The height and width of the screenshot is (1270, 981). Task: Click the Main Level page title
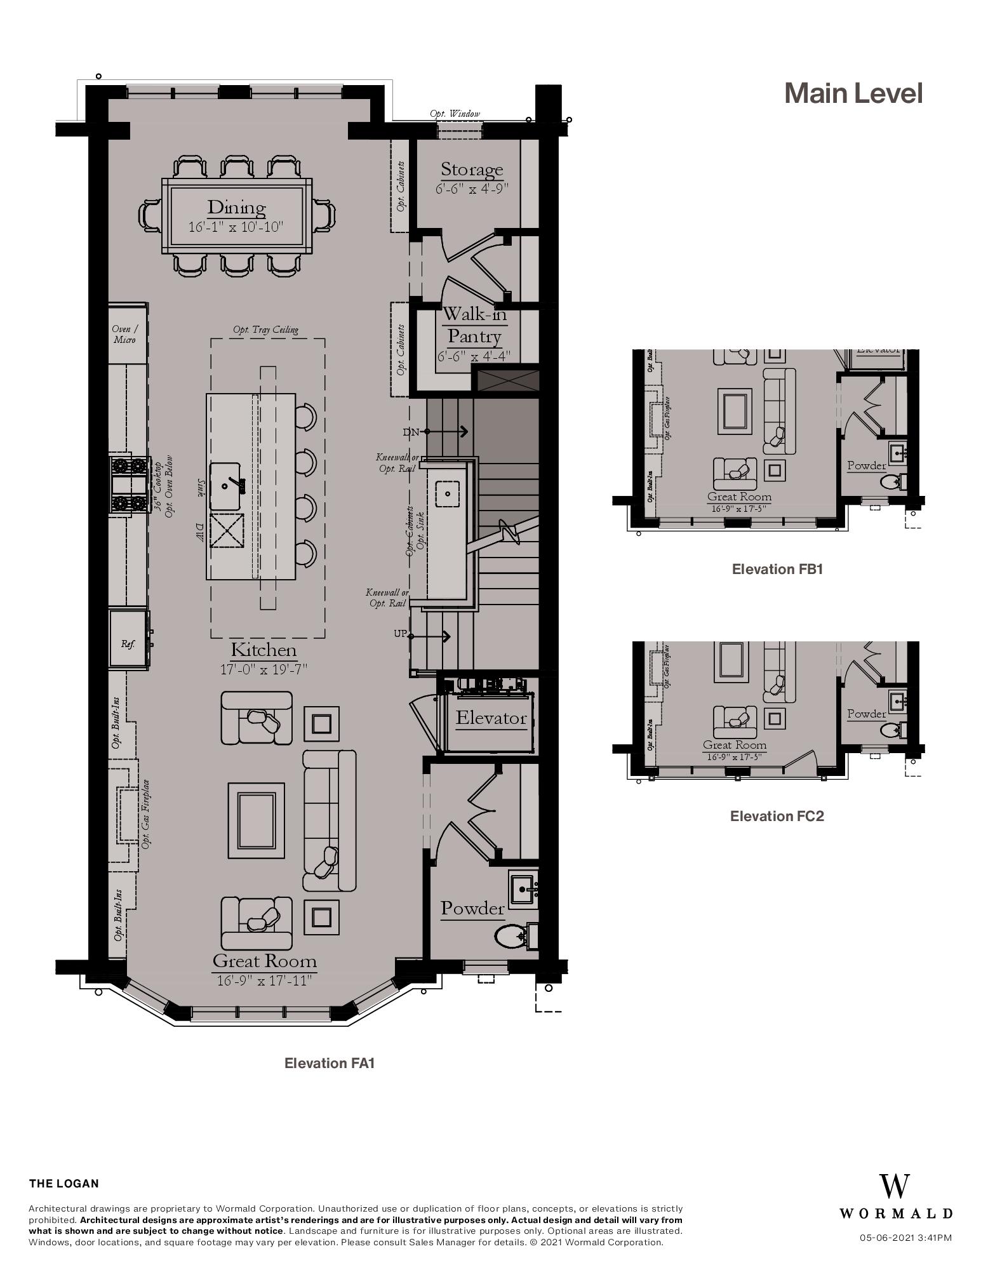pos(853,93)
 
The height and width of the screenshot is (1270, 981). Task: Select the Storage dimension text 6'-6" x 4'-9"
pos(472,189)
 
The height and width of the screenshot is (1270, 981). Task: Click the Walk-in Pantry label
pos(474,325)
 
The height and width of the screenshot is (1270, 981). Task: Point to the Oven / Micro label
pos(124,334)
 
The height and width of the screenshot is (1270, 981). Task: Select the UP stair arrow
pos(432,636)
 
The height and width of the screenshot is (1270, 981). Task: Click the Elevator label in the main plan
pos(491,718)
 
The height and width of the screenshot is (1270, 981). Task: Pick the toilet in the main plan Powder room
pos(512,935)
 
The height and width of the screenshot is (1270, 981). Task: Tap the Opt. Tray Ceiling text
pos(265,330)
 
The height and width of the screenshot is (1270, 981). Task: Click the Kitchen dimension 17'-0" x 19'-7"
pos(263,669)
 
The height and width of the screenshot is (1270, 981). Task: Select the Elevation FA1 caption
pos(330,1063)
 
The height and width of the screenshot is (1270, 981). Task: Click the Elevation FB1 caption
pos(777,569)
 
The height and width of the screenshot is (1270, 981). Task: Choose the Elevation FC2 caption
pos(777,816)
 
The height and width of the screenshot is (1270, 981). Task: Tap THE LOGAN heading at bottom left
pos(64,1184)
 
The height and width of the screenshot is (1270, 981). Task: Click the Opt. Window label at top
pos(455,114)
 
